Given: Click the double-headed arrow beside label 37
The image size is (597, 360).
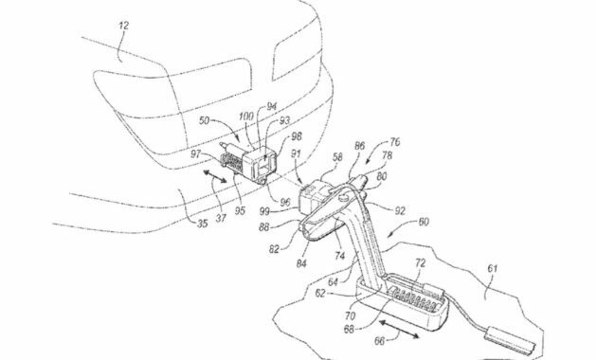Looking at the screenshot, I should pyautogui.click(x=214, y=176).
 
